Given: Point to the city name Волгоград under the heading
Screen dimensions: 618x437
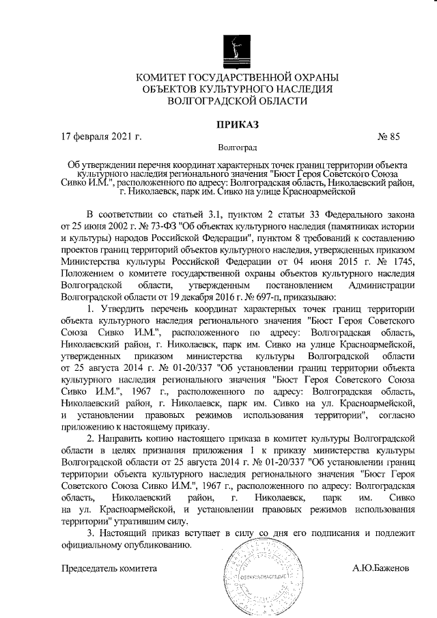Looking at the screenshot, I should pyautogui.click(x=237, y=147).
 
